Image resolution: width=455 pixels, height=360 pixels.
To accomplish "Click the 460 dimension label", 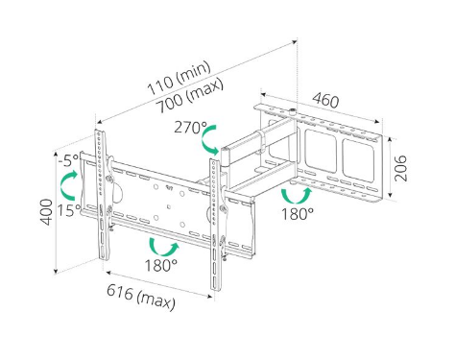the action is (325, 100).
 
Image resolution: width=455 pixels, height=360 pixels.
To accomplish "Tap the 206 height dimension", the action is (400, 168).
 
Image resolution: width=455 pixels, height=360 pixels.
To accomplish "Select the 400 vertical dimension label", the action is (47, 212).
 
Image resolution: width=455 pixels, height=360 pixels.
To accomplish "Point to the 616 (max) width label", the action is (141, 298).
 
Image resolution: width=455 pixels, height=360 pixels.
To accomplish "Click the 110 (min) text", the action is (180, 79).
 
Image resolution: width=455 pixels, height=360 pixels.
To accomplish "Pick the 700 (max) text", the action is (191, 96).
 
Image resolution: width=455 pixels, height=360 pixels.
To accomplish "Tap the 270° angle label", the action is (190, 128).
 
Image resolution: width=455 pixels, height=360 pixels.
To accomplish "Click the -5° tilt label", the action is (69, 160).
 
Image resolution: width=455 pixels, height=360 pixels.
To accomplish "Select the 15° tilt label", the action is (69, 210).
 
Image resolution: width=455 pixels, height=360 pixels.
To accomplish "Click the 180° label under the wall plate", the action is (298, 214).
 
